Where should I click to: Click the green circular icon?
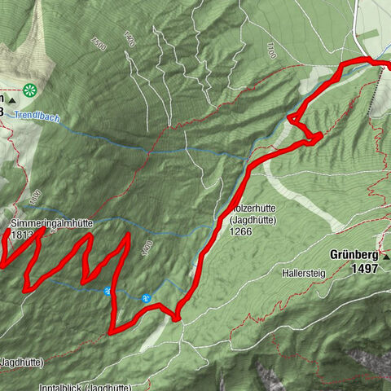pyautogui.click(x=30, y=90)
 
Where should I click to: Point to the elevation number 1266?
pyautogui.click(x=244, y=231)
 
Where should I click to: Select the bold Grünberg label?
pyautogui.click(x=354, y=254)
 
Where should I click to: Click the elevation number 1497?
pyautogui.click(x=366, y=267)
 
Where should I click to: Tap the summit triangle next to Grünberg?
pyautogui.click(x=385, y=255)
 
